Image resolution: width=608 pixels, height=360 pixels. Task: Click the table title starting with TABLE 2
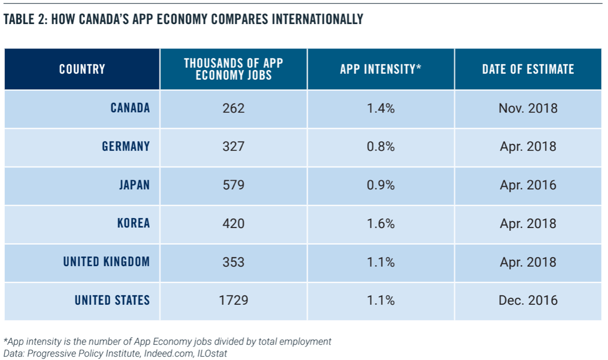click(183, 20)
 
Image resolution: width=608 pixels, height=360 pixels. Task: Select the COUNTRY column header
click(82, 69)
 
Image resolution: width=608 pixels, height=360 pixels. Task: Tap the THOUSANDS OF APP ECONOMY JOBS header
click(234, 69)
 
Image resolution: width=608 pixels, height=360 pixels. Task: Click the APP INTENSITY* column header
click(381, 69)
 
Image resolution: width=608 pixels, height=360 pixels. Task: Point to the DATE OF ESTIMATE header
click(528, 69)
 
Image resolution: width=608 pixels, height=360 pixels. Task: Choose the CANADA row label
click(130, 108)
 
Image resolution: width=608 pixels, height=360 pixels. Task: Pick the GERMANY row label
click(126, 146)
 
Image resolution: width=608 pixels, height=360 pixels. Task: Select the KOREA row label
click(134, 224)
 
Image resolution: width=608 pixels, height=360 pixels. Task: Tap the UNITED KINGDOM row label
click(106, 262)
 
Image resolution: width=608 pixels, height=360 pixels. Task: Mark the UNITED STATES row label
click(112, 300)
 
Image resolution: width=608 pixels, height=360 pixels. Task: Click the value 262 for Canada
click(234, 108)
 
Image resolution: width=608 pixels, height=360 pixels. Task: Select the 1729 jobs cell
click(234, 300)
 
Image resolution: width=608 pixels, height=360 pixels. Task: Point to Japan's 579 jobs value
click(234, 185)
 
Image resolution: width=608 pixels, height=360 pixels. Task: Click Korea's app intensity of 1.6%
click(381, 224)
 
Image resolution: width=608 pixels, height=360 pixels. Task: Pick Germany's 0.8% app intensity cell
click(381, 146)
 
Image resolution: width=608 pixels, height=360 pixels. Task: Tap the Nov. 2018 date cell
click(528, 108)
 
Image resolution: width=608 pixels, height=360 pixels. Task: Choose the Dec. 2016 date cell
click(528, 300)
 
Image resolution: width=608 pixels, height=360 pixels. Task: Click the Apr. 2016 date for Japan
click(528, 185)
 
